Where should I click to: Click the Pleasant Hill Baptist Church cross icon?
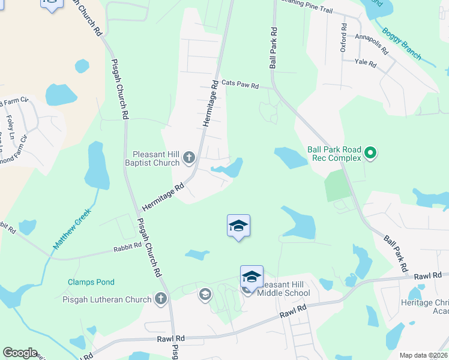tap(189, 158)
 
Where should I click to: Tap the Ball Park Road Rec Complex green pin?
tap(370, 154)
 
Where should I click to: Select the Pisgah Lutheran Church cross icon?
tap(160, 298)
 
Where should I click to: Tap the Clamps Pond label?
tap(91, 282)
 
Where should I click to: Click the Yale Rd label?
tap(365, 62)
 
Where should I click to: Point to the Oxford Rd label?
tap(344, 38)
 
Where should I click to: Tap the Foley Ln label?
tap(10, 127)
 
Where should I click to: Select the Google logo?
tap(20, 353)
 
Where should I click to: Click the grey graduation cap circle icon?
tap(205, 294)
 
